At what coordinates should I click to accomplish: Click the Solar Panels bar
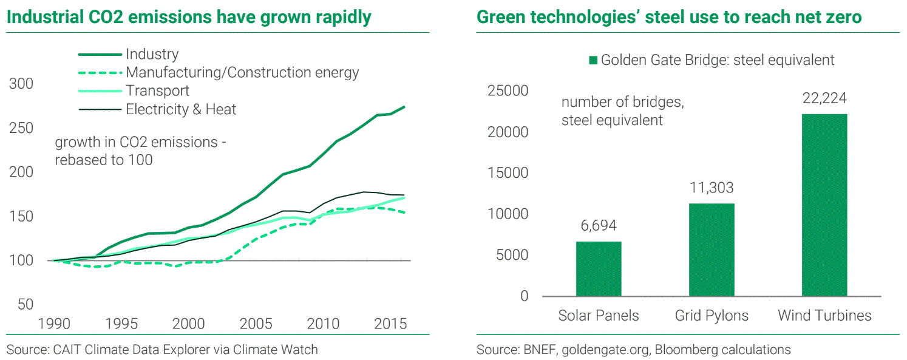tap(598, 269)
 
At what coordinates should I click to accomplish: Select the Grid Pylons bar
tap(712, 250)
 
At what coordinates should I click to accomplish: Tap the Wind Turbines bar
tap(824, 205)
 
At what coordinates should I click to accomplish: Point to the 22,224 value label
tap(824, 98)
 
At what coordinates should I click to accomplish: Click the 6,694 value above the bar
tap(598, 226)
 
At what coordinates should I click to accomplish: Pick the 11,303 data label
tap(712, 188)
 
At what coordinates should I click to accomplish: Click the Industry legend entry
tap(152, 55)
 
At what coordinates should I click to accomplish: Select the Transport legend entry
tap(157, 91)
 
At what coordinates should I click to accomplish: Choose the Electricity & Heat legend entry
tap(181, 109)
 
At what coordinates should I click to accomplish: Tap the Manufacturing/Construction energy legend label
tap(242, 73)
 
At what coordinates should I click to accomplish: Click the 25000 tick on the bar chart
tap(508, 91)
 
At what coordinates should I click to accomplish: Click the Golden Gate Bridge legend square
tap(593, 60)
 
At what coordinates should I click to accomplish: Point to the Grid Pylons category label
tap(712, 316)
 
